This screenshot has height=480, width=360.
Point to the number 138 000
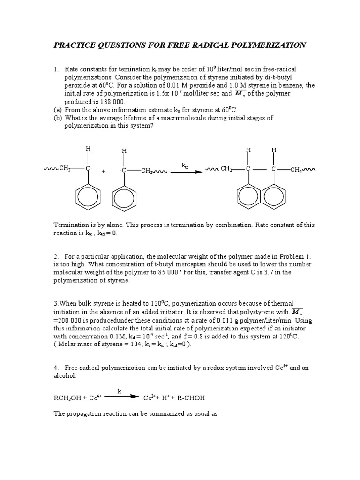click(x=110, y=101)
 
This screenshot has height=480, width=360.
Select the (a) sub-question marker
click(x=58, y=110)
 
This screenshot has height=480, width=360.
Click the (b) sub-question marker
click(x=58, y=118)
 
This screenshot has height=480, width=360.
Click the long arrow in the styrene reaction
click(x=186, y=172)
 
